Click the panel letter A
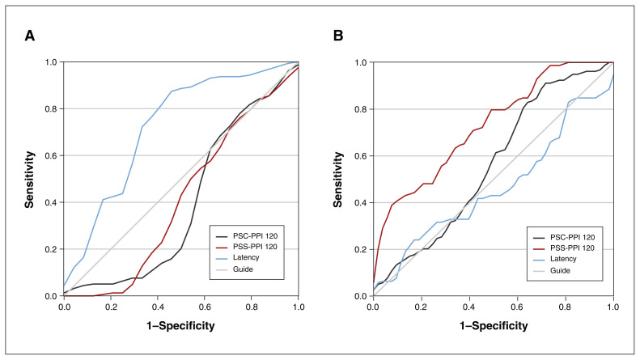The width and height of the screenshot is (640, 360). (x=30, y=36)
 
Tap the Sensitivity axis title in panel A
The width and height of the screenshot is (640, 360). (x=28, y=179)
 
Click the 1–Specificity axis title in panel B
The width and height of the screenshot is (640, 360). (x=493, y=328)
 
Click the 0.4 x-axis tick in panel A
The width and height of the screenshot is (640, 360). (x=158, y=307)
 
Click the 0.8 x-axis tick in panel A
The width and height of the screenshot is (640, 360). (x=252, y=307)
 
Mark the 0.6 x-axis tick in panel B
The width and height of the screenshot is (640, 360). (x=517, y=307)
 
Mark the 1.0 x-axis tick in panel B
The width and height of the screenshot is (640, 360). (x=612, y=307)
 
